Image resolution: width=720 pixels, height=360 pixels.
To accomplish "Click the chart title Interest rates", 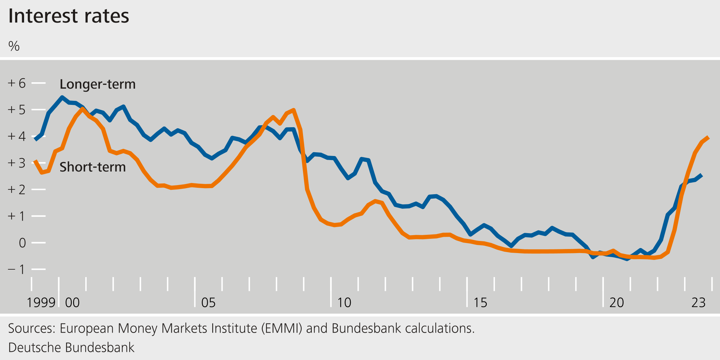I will point(68,16).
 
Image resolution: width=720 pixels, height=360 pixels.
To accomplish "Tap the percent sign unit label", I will point(14,46).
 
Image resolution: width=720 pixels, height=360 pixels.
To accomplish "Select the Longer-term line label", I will point(97,84).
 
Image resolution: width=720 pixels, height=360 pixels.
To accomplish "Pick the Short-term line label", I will point(92,167).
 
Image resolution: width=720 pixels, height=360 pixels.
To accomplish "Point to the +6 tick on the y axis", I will point(17,83).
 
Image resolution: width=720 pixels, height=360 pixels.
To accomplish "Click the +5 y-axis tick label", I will point(17,110).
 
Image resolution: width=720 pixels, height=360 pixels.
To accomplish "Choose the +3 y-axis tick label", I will point(17,163).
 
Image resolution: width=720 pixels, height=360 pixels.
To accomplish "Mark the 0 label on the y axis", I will point(22,243).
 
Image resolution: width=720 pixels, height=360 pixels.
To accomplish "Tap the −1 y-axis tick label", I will point(17,269).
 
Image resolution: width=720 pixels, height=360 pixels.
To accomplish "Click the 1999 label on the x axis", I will point(41,302).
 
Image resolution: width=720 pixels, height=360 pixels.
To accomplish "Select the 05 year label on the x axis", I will point(208,302).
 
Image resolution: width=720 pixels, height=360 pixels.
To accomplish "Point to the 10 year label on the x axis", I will point(344,302).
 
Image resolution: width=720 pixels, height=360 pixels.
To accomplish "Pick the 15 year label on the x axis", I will point(480,302).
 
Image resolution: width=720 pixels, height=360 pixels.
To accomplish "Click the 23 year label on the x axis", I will point(698,302).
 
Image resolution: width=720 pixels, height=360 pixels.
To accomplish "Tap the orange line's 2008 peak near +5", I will point(293,110).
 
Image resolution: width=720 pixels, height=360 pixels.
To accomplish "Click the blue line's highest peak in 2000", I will point(62,97).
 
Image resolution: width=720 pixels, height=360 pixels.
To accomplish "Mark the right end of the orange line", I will point(708,137).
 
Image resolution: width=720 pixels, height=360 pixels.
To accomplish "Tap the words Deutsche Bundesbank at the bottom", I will point(71,347).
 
